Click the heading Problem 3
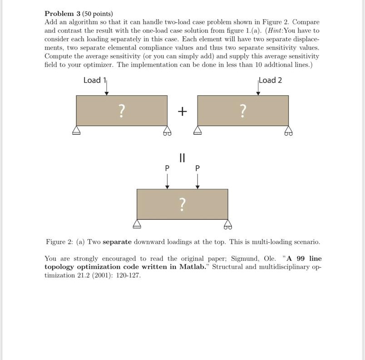tap(62, 14)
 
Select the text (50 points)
tap(97, 14)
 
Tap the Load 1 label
tap(94, 80)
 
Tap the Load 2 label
tap(271, 80)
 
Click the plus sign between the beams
tap(182, 111)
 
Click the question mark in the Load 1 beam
tap(121, 110)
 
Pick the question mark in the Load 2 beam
tap(243, 110)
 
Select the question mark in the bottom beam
tap(182, 204)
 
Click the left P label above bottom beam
tap(167, 168)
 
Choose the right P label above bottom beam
tap(197, 168)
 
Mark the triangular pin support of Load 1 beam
tap(76, 131)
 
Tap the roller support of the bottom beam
tap(227, 225)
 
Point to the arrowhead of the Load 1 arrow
tap(106, 93)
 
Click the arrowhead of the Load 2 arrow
tap(258, 93)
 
